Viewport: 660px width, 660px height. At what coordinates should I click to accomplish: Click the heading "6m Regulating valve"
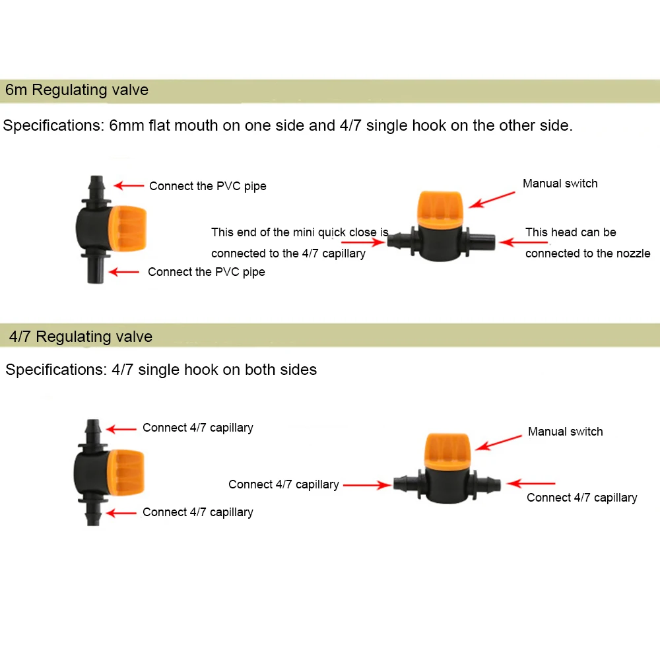[77, 90]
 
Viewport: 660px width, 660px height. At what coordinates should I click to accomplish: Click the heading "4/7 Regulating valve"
[81, 337]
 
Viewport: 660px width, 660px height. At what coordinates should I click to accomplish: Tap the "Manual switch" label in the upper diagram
[560, 183]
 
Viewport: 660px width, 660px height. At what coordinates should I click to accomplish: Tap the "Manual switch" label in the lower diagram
[565, 432]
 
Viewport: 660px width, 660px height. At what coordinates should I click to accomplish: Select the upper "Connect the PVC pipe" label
[207, 186]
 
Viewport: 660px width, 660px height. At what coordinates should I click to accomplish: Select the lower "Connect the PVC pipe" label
[206, 272]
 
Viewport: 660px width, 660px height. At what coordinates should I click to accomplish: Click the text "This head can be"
[570, 232]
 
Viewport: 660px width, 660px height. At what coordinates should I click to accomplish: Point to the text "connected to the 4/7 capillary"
[288, 253]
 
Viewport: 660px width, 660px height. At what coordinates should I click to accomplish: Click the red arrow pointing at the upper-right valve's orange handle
[496, 199]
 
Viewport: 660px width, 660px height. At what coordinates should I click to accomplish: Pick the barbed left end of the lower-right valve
[404, 484]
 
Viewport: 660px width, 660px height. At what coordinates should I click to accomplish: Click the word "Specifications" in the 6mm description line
[51, 125]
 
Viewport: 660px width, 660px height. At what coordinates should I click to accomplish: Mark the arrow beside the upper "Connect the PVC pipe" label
[128, 186]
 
